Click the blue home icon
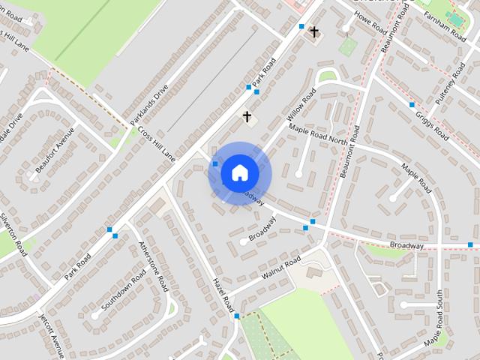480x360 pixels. [239, 173]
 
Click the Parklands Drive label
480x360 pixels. [149, 104]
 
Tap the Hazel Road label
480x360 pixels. [223, 294]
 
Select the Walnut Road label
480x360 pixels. [280, 268]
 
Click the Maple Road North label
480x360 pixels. [320, 133]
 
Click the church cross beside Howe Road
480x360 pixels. [314, 32]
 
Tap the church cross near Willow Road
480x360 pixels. [247, 117]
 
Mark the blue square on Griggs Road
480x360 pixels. [412, 104]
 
